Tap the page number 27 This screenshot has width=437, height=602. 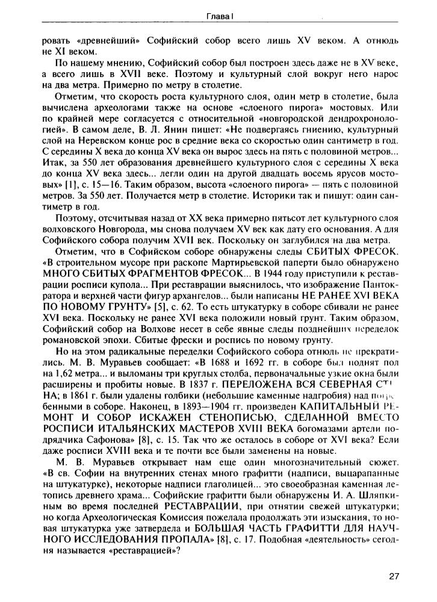tap(394, 577)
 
